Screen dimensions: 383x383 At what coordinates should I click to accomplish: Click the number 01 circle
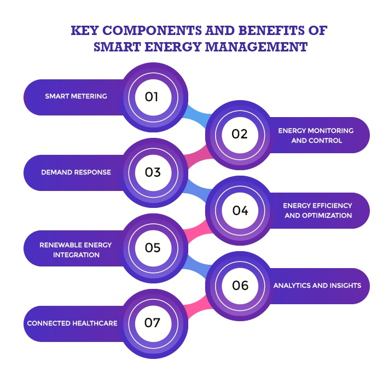coord(153,97)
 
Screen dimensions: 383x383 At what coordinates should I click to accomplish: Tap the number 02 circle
coord(240,135)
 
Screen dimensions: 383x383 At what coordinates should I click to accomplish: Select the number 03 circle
coord(153,173)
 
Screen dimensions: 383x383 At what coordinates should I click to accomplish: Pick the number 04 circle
coord(240,211)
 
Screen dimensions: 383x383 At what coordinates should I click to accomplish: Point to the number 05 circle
coord(153,248)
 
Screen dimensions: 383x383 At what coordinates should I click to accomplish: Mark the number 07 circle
coord(153,324)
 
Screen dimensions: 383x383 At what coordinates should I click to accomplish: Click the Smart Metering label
coord(76,96)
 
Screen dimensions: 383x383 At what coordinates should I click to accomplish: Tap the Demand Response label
coord(76,172)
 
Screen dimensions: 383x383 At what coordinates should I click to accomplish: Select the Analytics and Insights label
coord(317,286)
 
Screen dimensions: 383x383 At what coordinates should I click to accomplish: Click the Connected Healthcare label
coord(72,323)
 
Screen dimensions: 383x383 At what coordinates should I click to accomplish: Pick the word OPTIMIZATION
coord(327,216)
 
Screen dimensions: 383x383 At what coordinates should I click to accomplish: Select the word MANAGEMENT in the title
coord(256,47)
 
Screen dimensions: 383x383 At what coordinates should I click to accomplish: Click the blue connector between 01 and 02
coord(196,116)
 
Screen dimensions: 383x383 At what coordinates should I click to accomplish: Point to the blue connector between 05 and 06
coord(196,267)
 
